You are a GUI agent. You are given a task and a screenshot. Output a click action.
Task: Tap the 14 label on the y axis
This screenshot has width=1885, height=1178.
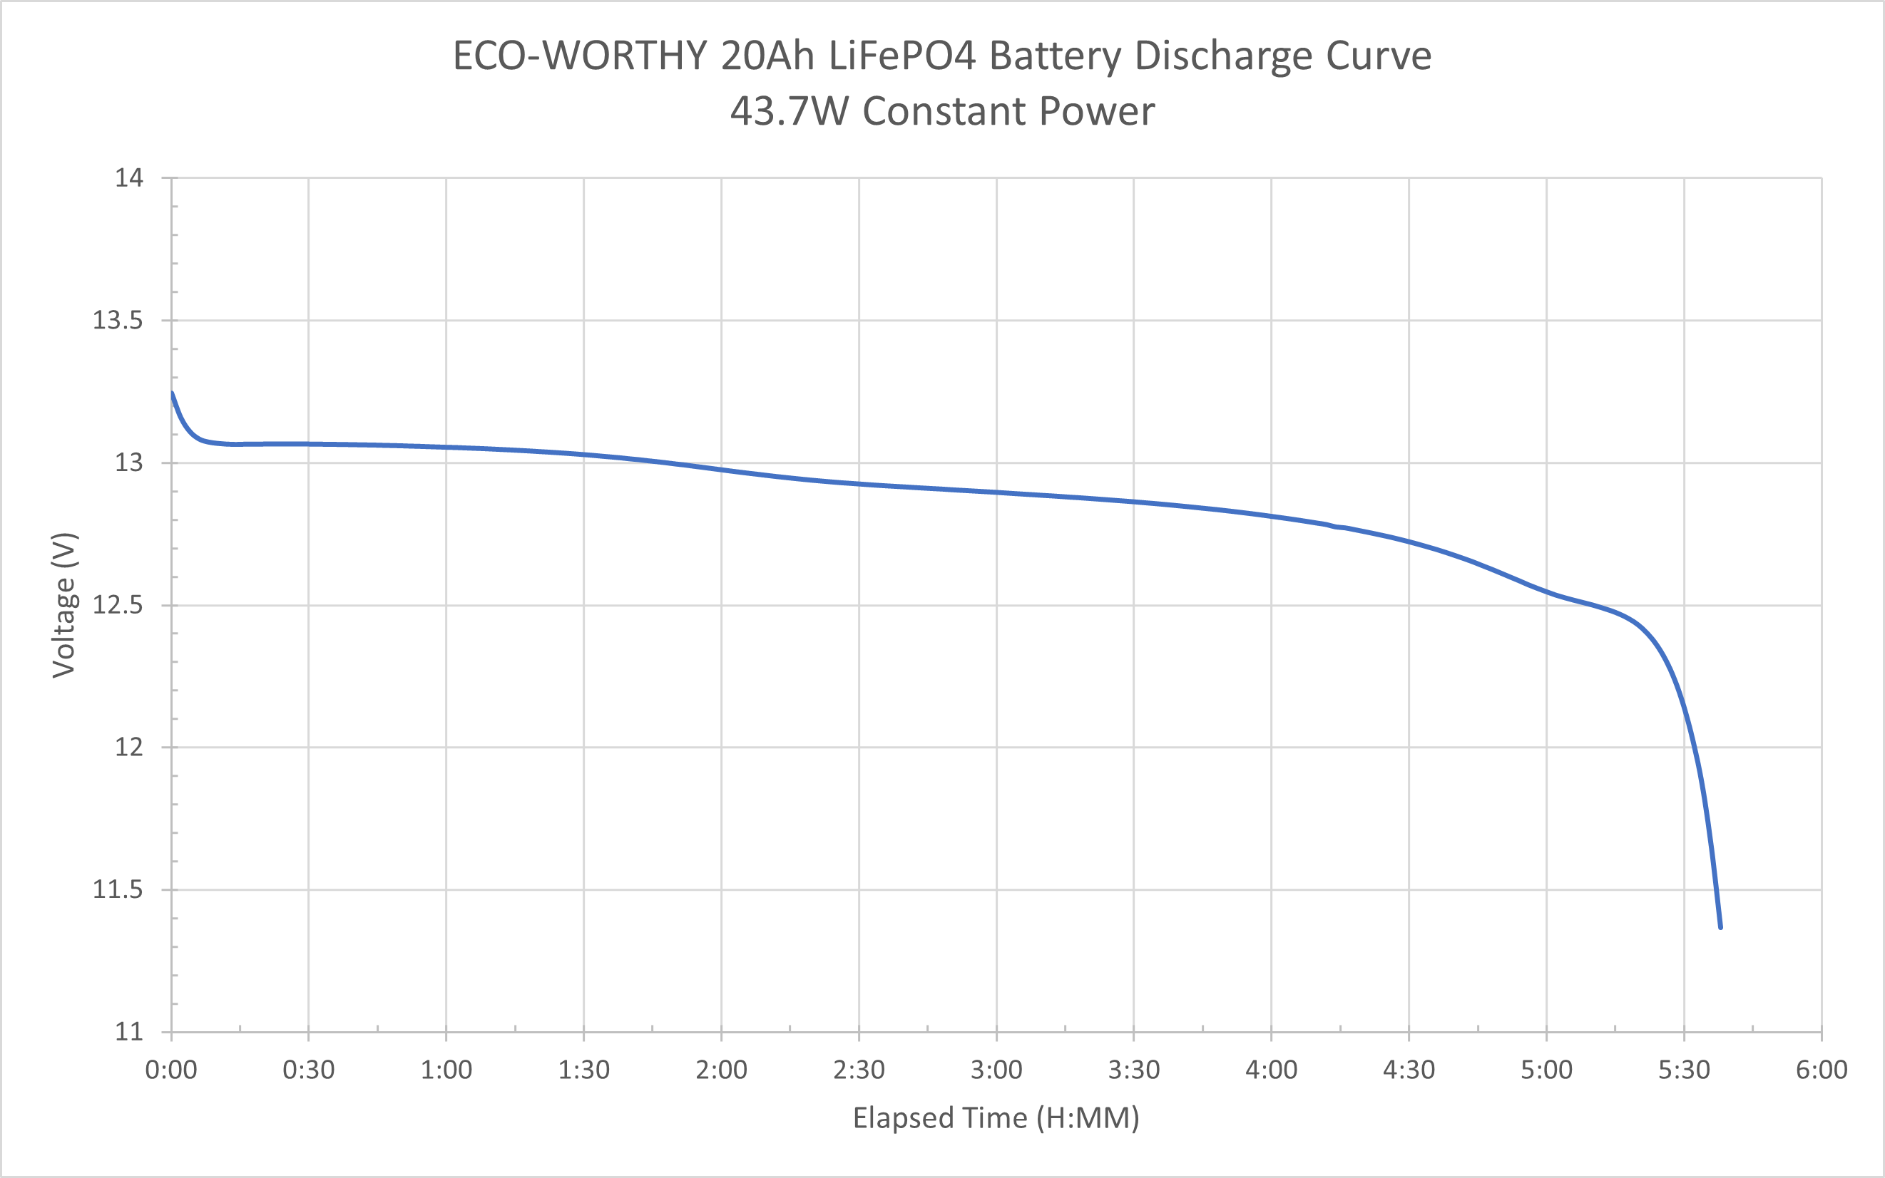click(x=128, y=177)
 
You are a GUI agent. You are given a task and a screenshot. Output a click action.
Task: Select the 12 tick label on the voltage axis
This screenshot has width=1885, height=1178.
click(x=128, y=747)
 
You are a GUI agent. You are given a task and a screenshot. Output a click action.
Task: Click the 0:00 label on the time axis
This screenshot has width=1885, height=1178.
click(x=170, y=1070)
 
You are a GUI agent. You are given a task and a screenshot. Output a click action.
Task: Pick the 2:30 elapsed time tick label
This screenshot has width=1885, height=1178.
click(x=858, y=1070)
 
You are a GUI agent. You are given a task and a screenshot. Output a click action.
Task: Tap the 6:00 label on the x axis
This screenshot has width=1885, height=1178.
click(x=1821, y=1070)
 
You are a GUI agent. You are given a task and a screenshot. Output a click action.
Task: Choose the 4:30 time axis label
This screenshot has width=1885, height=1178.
click(x=1409, y=1070)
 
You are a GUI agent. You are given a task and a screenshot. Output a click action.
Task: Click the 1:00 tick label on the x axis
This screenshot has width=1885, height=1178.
click(x=446, y=1070)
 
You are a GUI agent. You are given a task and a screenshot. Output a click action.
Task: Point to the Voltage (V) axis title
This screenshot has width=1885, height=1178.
click(x=64, y=604)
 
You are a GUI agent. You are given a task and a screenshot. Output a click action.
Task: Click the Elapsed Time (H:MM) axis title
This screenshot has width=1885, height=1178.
click(x=996, y=1118)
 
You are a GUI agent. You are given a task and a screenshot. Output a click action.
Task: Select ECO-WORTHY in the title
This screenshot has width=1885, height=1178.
click(x=580, y=56)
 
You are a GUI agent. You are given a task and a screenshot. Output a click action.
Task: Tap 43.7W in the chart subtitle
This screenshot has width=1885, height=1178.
click(x=789, y=111)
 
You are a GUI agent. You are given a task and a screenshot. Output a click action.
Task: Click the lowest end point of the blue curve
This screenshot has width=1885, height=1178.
click(x=1720, y=927)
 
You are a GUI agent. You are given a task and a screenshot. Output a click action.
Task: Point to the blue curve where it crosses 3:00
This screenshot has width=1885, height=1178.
click(x=996, y=492)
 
